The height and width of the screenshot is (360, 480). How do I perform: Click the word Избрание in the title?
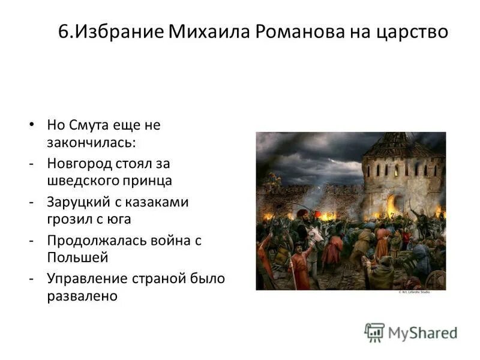click(113, 31)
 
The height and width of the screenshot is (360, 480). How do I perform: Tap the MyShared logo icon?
click(374, 332)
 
